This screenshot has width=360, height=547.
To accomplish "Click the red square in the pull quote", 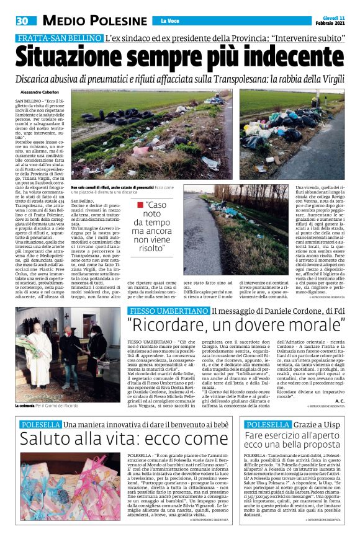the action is point(140,205).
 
